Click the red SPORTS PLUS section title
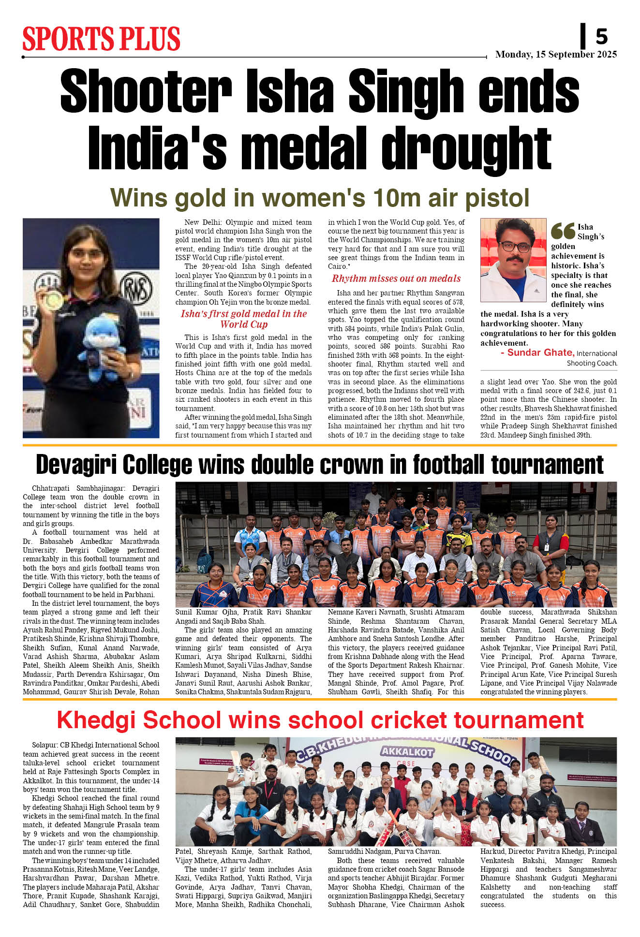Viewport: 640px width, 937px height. [101, 39]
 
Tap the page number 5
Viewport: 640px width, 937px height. [601, 37]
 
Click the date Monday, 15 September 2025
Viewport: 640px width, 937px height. [556, 54]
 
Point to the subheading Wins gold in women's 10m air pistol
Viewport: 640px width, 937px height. [320, 198]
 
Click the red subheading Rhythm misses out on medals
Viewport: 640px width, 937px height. [396, 278]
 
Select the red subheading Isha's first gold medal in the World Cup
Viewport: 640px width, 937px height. [244, 319]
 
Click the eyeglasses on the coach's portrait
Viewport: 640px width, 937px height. [513, 247]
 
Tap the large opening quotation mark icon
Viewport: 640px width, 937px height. [563, 231]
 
